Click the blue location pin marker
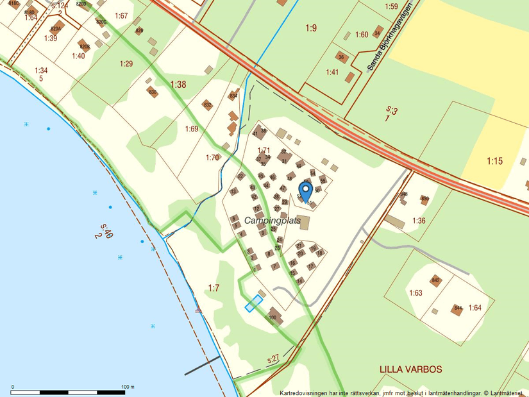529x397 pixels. [306, 190]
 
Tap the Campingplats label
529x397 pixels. [273, 221]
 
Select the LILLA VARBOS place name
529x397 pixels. [410, 369]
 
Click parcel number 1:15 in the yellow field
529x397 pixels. [494, 161]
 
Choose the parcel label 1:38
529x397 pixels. [178, 84]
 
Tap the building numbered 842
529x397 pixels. [436, 281]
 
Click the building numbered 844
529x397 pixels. [457, 309]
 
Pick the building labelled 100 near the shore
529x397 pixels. [273, 316]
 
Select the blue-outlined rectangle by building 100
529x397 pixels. [254, 303]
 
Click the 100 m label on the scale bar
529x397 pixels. [128, 387]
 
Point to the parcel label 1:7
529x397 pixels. [214, 288]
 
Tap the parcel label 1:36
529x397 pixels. [419, 221]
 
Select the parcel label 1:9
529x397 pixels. [311, 28]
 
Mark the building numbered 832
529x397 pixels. [207, 105]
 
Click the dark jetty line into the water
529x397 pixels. [202, 365]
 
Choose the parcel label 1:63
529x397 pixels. [416, 293]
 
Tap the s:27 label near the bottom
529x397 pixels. [273, 359]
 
